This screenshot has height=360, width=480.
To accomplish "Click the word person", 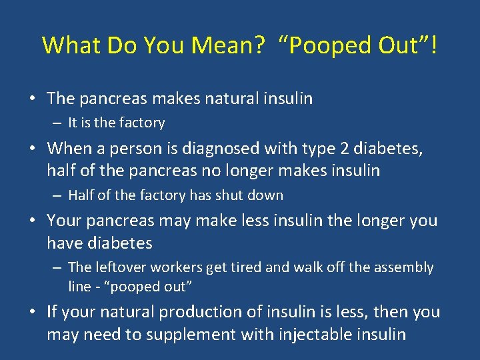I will pyautogui.click(x=146, y=147).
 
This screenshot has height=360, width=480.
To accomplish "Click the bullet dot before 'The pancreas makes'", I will pyautogui.click(x=32, y=99).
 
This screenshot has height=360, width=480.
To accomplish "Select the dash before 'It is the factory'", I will pyautogui.click(x=58, y=123).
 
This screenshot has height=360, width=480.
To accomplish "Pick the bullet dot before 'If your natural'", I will pyautogui.click(x=32, y=312).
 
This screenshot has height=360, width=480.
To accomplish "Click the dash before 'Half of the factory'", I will pyautogui.click(x=58, y=196).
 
